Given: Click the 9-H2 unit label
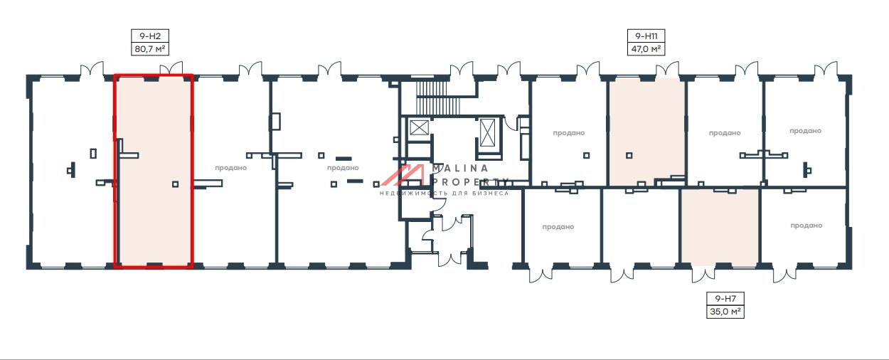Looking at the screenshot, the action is point(149,36).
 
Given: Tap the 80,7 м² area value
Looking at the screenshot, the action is point(149,49).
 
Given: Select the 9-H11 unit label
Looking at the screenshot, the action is point(646,36).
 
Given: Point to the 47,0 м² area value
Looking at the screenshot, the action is point(646,49).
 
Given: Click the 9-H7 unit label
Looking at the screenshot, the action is point(725,299).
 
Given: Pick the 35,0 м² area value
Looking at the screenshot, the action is point(725,312).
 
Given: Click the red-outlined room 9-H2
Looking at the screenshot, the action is point(154,171).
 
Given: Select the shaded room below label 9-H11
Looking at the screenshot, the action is point(647,132).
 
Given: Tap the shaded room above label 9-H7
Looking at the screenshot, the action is point(720,228).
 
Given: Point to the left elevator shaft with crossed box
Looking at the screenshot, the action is point(419,128).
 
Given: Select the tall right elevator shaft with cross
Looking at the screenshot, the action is point(487,132).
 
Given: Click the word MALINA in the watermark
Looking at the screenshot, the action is point(460,169).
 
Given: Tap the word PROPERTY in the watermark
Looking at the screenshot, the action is point(470,182).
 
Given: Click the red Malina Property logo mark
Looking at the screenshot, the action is point(403,175).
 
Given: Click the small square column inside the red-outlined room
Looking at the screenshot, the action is point(176,184).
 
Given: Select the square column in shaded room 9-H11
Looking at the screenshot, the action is point(629,155).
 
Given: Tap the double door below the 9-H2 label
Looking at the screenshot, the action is point(171,68).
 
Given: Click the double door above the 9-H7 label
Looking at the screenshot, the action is point(703,275).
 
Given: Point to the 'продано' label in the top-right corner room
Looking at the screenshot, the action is point(805,131).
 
